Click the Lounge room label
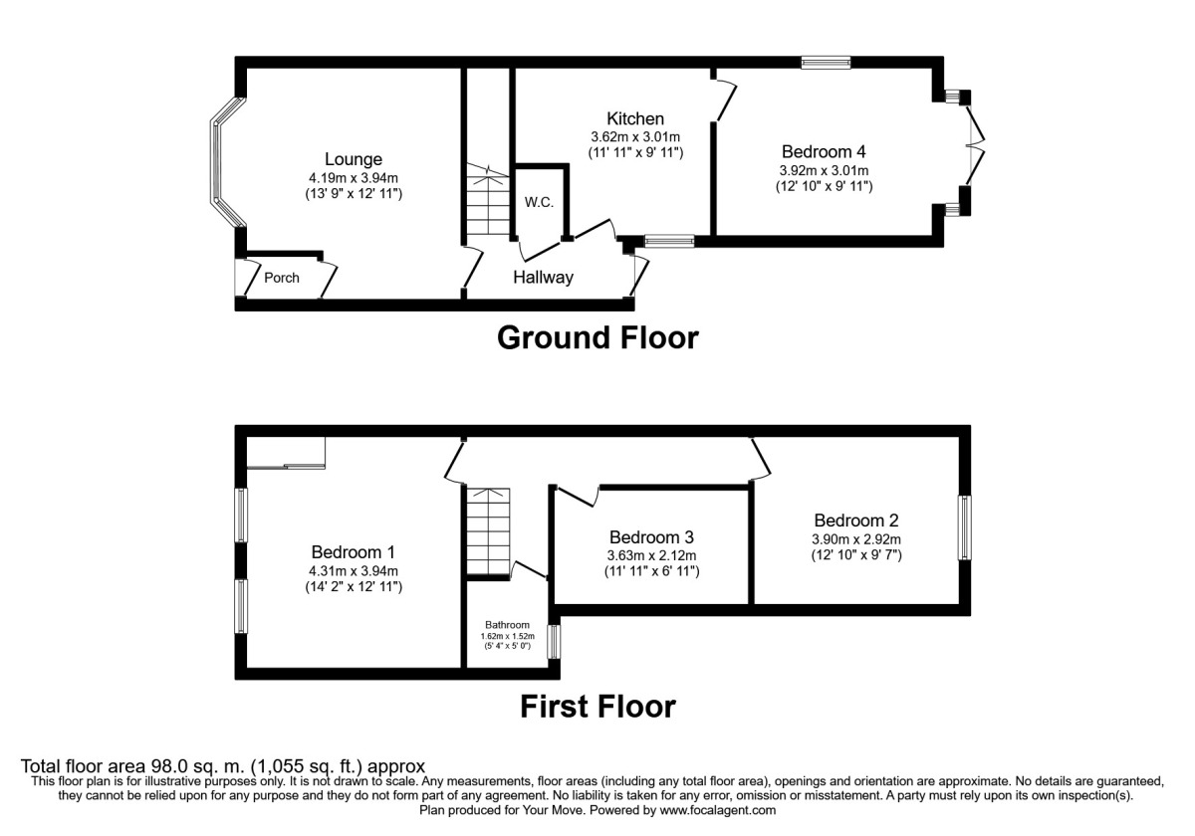(353, 159)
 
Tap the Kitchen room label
(635, 118)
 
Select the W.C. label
(539, 203)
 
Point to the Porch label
(282, 278)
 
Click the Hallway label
(543, 278)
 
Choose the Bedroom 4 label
(824, 152)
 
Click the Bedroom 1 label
(354, 552)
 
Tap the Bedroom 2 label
(856, 521)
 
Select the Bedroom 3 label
(651, 537)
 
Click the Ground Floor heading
(597, 338)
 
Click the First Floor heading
(597, 707)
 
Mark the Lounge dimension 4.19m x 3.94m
(353, 177)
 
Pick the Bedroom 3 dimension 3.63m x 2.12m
(651, 555)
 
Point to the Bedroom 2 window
(964, 528)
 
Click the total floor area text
(224, 766)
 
